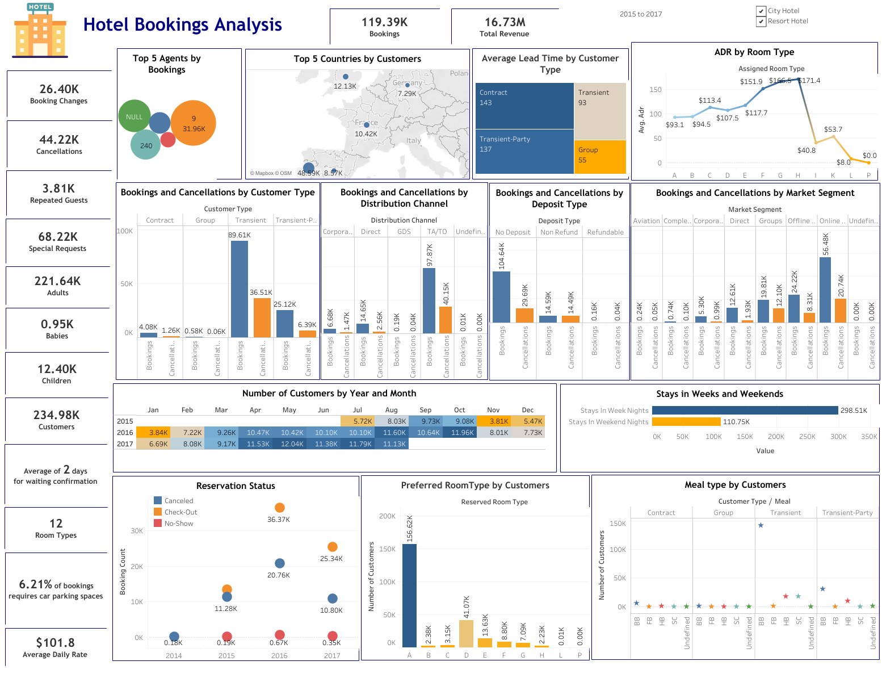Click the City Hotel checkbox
tap(761, 11)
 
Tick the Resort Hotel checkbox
tap(761, 22)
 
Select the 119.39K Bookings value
tap(384, 23)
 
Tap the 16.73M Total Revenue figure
tap(505, 23)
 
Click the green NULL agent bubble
tap(135, 116)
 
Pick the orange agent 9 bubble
tap(193, 123)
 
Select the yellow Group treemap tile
tap(599, 156)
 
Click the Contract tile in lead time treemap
tap(524, 106)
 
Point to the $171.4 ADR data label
tap(809, 81)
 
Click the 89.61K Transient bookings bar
tap(239, 289)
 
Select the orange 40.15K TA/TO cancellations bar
tap(446, 320)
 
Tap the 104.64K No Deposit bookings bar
tap(501, 297)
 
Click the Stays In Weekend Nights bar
tap(686, 421)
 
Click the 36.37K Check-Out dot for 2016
tap(279, 508)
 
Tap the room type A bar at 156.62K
tap(409, 595)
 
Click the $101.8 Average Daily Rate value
tap(55, 643)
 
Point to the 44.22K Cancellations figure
tap(59, 140)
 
